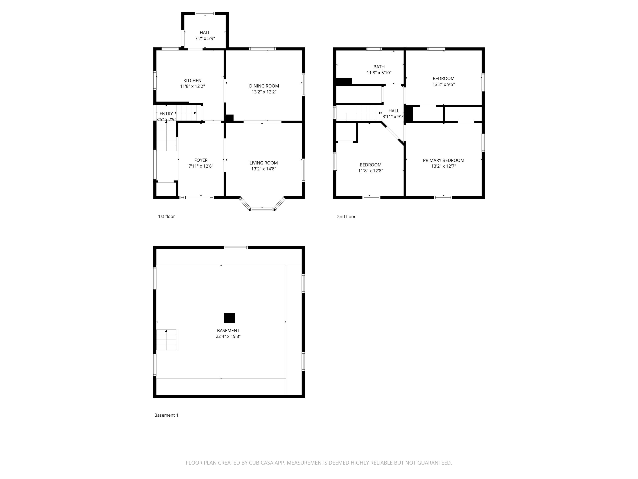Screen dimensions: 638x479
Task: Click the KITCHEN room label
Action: click(192, 80)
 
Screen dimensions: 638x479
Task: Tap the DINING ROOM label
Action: click(264, 86)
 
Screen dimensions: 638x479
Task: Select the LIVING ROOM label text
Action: click(264, 163)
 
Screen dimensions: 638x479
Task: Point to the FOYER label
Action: click(201, 160)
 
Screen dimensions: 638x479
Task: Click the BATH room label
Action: click(379, 67)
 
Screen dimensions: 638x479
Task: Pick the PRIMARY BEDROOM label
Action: click(444, 160)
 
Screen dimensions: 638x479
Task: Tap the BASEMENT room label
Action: click(228, 331)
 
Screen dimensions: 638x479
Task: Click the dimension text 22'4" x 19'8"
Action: click(228, 336)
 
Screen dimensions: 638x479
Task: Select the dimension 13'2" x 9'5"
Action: click(444, 84)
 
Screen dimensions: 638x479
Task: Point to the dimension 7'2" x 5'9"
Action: click(205, 38)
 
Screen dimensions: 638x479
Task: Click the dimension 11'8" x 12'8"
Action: click(371, 171)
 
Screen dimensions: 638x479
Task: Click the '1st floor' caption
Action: click(167, 216)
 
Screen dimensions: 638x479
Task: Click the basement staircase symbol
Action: click(167, 340)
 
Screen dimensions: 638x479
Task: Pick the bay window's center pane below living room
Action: click(262, 209)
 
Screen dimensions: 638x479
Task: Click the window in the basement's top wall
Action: click(236, 247)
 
